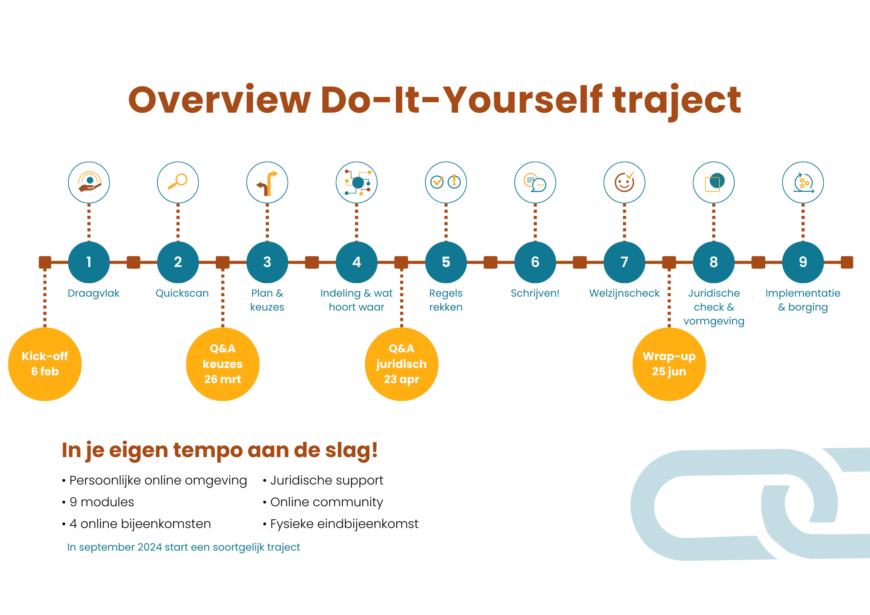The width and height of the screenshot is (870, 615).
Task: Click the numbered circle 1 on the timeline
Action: coord(89,262)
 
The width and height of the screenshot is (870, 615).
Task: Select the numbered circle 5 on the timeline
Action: coord(446,262)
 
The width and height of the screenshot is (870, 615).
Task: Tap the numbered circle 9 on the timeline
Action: coord(803,262)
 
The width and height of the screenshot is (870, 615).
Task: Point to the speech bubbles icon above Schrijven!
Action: coord(535,183)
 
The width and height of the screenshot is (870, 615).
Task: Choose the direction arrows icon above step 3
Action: coord(267,183)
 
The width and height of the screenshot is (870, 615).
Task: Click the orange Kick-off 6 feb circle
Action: coord(45,364)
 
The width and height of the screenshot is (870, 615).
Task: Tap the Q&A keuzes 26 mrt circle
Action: coord(223,364)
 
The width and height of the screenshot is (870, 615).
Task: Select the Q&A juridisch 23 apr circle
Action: coord(402,364)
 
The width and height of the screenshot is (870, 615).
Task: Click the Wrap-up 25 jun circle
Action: coord(669,364)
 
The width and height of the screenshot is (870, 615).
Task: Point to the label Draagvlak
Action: coord(94,294)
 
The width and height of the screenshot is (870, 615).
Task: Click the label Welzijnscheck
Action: coord(624,294)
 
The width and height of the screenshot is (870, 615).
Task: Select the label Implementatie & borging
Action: coord(803,300)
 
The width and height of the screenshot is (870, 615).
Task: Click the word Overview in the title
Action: coord(220,100)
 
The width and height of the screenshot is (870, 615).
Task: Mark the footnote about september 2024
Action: coord(184,547)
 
